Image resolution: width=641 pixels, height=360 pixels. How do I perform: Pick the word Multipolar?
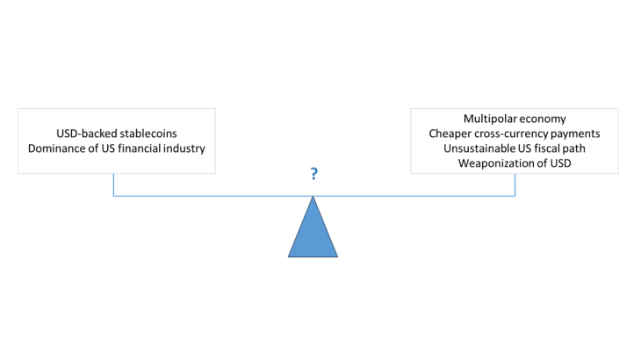point(490,118)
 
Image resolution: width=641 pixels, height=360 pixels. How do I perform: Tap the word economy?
point(544,118)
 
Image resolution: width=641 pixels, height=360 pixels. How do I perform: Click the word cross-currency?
point(514,133)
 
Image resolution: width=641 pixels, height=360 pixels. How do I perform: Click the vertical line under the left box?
point(113,184)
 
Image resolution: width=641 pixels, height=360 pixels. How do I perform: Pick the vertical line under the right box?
point(515,184)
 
